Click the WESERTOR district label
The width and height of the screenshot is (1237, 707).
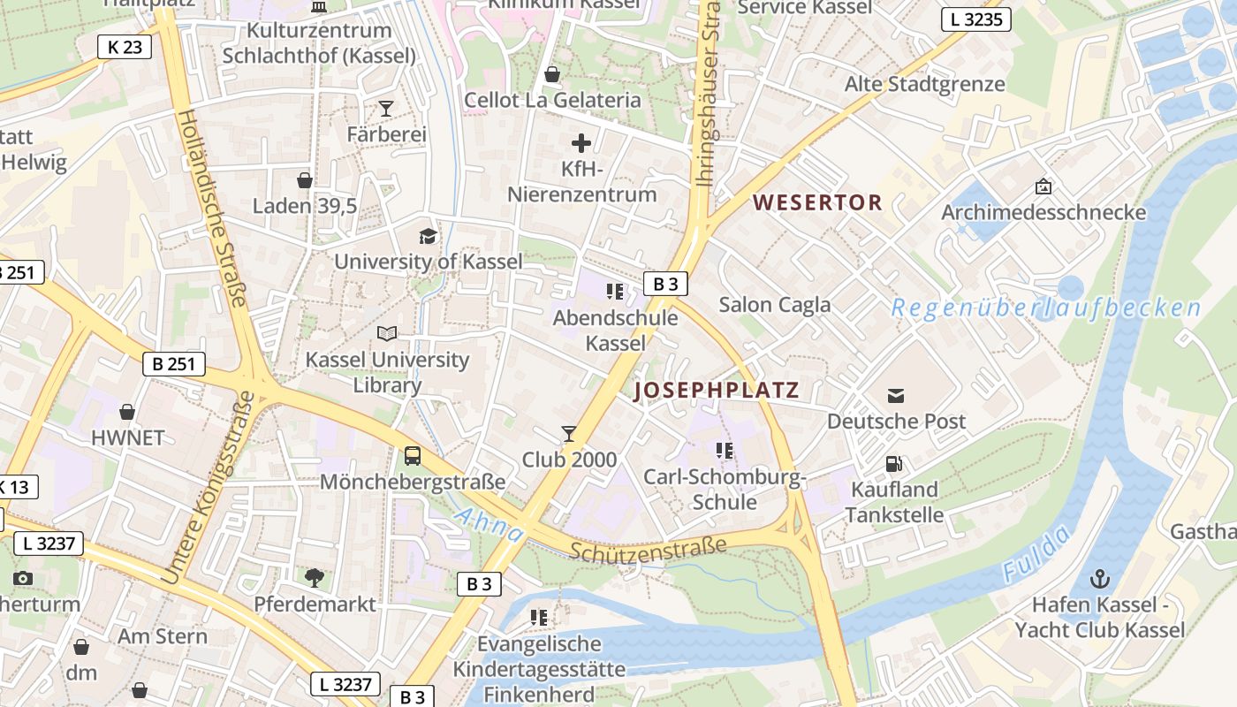[x=817, y=202]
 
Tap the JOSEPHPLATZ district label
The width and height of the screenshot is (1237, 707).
[x=717, y=390]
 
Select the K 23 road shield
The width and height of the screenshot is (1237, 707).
[x=125, y=47]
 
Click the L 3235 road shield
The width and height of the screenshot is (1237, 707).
[x=975, y=19]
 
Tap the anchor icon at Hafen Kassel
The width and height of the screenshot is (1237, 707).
[x=1100, y=580]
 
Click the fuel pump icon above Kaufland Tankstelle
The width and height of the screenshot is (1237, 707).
[x=895, y=464]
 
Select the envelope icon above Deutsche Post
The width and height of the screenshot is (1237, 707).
[x=896, y=395]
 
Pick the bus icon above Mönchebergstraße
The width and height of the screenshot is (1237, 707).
[x=413, y=456]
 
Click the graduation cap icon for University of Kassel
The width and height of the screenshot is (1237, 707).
[x=428, y=236]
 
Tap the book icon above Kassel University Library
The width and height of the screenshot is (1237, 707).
[x=387, y=333]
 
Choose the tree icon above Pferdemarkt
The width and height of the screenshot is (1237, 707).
[x=314, y=578]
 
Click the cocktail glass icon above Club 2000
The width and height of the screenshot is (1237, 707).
[x=569, y=434]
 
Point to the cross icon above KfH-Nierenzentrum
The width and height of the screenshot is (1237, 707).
[x=581, y=142]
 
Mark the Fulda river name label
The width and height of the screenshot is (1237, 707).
[x=1036, y=553]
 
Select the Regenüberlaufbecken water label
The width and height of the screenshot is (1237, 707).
[x=1045, y=308]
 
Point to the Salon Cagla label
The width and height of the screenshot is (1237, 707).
[x=774, y=305]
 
